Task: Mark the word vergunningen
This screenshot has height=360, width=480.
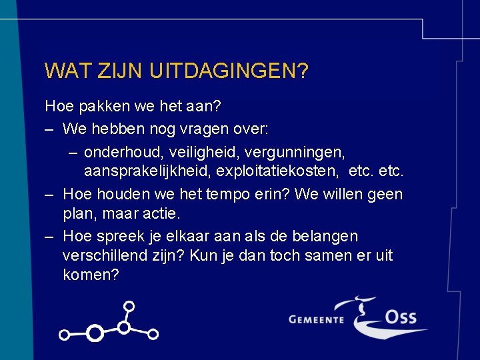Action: click(303, 153)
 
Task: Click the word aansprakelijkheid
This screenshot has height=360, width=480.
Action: click(147, 171)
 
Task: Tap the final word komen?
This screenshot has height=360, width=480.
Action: click(91, 275)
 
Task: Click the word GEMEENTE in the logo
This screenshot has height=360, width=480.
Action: click(316, 319)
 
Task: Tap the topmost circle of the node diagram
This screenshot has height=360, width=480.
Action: click(129, 307)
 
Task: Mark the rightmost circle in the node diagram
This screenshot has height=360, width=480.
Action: click(153, 333)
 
